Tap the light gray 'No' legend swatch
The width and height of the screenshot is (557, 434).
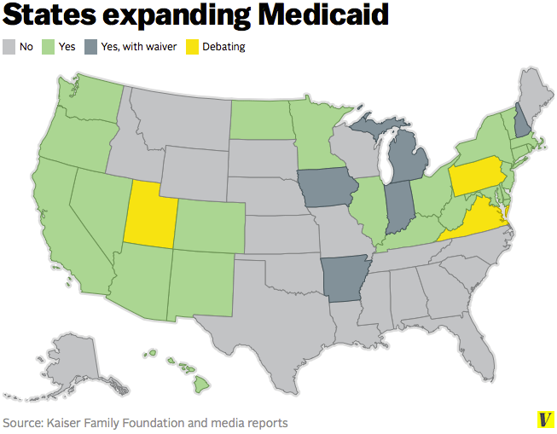pos(9,47)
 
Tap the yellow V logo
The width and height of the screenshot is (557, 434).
pos(544,420)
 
